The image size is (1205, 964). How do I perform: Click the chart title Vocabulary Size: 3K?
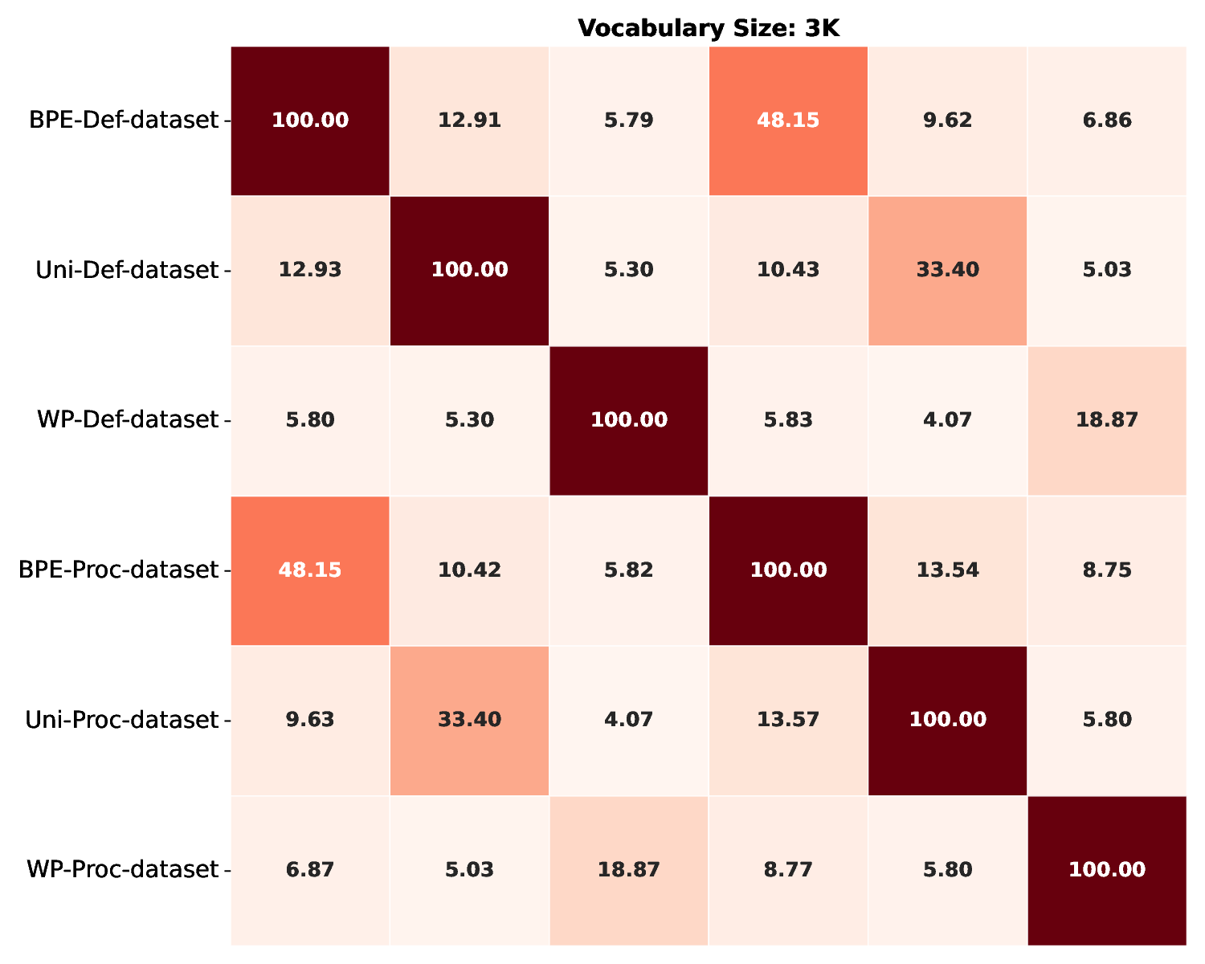click(708, 28)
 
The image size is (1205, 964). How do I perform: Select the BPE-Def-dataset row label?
click(124, 120)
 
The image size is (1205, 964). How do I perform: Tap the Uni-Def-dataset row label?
click(127, 270)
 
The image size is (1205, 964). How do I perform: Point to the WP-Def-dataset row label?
click(128, 419)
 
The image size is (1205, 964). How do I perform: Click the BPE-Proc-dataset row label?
click(119, 570)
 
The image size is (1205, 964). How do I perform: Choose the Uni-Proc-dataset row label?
click(122, 720)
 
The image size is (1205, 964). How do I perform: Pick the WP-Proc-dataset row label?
click(123, 869)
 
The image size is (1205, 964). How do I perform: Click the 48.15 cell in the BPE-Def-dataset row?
click(788, 120)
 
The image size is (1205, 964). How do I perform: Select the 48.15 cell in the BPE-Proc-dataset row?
click(310, 570)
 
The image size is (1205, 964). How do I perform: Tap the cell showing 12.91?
click(469, 120)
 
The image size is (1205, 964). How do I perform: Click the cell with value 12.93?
click(310, 270)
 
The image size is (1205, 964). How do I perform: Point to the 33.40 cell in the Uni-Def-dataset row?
click(947, 270)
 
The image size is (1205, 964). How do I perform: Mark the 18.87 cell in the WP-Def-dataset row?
click(1106, 419)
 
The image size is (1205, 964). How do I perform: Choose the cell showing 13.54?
click(947, 570)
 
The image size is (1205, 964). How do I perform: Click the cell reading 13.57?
click(788, 720)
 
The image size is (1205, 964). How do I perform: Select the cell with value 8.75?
click(1106, 570)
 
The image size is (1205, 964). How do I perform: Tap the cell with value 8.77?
click(788, 869)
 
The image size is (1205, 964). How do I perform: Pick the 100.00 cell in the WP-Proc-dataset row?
click(1106, 869)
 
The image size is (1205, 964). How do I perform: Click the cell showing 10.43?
click(788, 270)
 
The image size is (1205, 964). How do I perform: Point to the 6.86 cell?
click(1106, 120)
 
